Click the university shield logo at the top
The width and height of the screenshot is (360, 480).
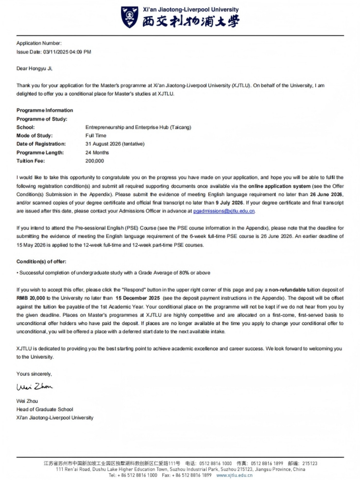click(x=130, y=17)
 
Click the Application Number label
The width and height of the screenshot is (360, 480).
click(x=39, y=43)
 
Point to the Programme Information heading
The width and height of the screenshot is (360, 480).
click(x=45, y=110)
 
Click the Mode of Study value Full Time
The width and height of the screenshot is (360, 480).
click(x=96, y=136)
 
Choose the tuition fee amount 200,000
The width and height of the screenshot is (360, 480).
click(x=95, y=161)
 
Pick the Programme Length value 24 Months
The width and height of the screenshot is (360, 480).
click(x=97, y=153)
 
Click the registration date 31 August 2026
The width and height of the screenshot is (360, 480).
click(x=103, y=144)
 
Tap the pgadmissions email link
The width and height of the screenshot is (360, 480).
click(x=224, y=211)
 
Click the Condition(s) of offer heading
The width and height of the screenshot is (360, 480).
click(x=41, y=262)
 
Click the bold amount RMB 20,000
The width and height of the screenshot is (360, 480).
click(x=31, y=298)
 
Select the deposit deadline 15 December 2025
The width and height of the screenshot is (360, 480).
click(x=137, y=298)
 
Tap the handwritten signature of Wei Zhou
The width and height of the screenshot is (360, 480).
click(x=34, y=386)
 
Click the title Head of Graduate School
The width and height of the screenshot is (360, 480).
click(x=45, y=409)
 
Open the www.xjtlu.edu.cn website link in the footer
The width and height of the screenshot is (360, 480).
click(x=234, y=475)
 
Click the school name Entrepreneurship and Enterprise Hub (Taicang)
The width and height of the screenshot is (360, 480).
click(x=138, y=127)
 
